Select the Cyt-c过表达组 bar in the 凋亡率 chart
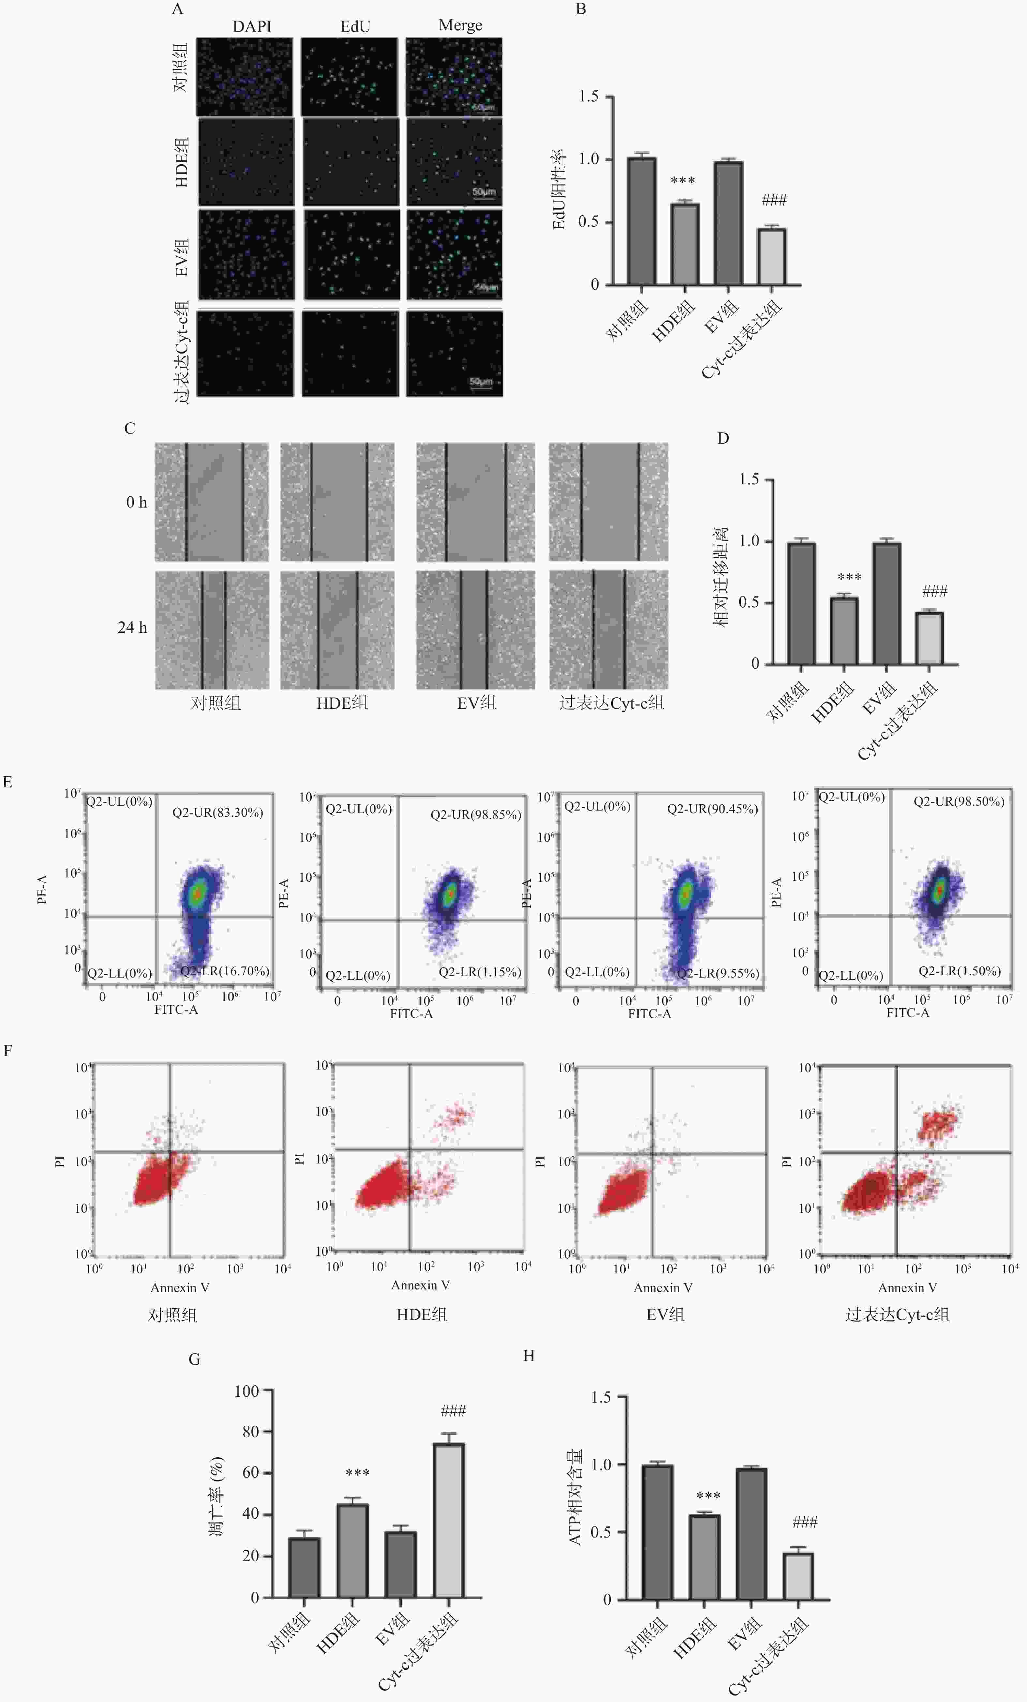[x=449, y=1520]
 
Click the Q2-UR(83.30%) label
[x=217, y=812]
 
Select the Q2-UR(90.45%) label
[x=712, y=809]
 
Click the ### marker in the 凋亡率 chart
[x=453, y=1410]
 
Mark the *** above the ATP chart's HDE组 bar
[x=708, y=1496]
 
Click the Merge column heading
[x=460, y=25]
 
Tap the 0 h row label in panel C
[x=136, y=502]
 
